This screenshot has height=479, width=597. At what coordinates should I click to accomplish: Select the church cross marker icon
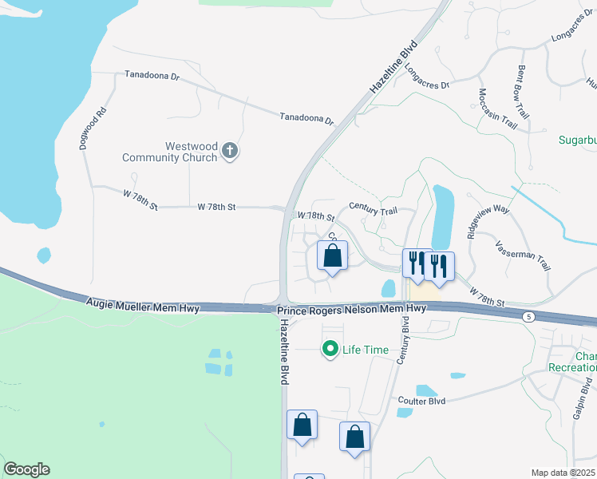pos(230,150)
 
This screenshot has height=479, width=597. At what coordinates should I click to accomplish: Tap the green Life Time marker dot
pos(329,349)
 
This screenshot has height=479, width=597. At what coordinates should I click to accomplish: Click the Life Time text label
pos(365,350)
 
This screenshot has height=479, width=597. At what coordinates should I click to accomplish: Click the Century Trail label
pos(373,210)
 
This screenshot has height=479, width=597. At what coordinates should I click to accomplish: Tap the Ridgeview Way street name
pos(488,220)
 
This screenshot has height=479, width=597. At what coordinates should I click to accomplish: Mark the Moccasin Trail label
pos(498,109)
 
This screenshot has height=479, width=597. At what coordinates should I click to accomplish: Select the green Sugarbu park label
pos(577,141)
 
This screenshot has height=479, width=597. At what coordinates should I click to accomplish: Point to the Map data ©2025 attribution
pos(563,473)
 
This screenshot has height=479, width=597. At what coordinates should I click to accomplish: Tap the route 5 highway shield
pos(528,317)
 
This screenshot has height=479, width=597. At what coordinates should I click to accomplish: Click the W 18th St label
pos(315,216)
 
